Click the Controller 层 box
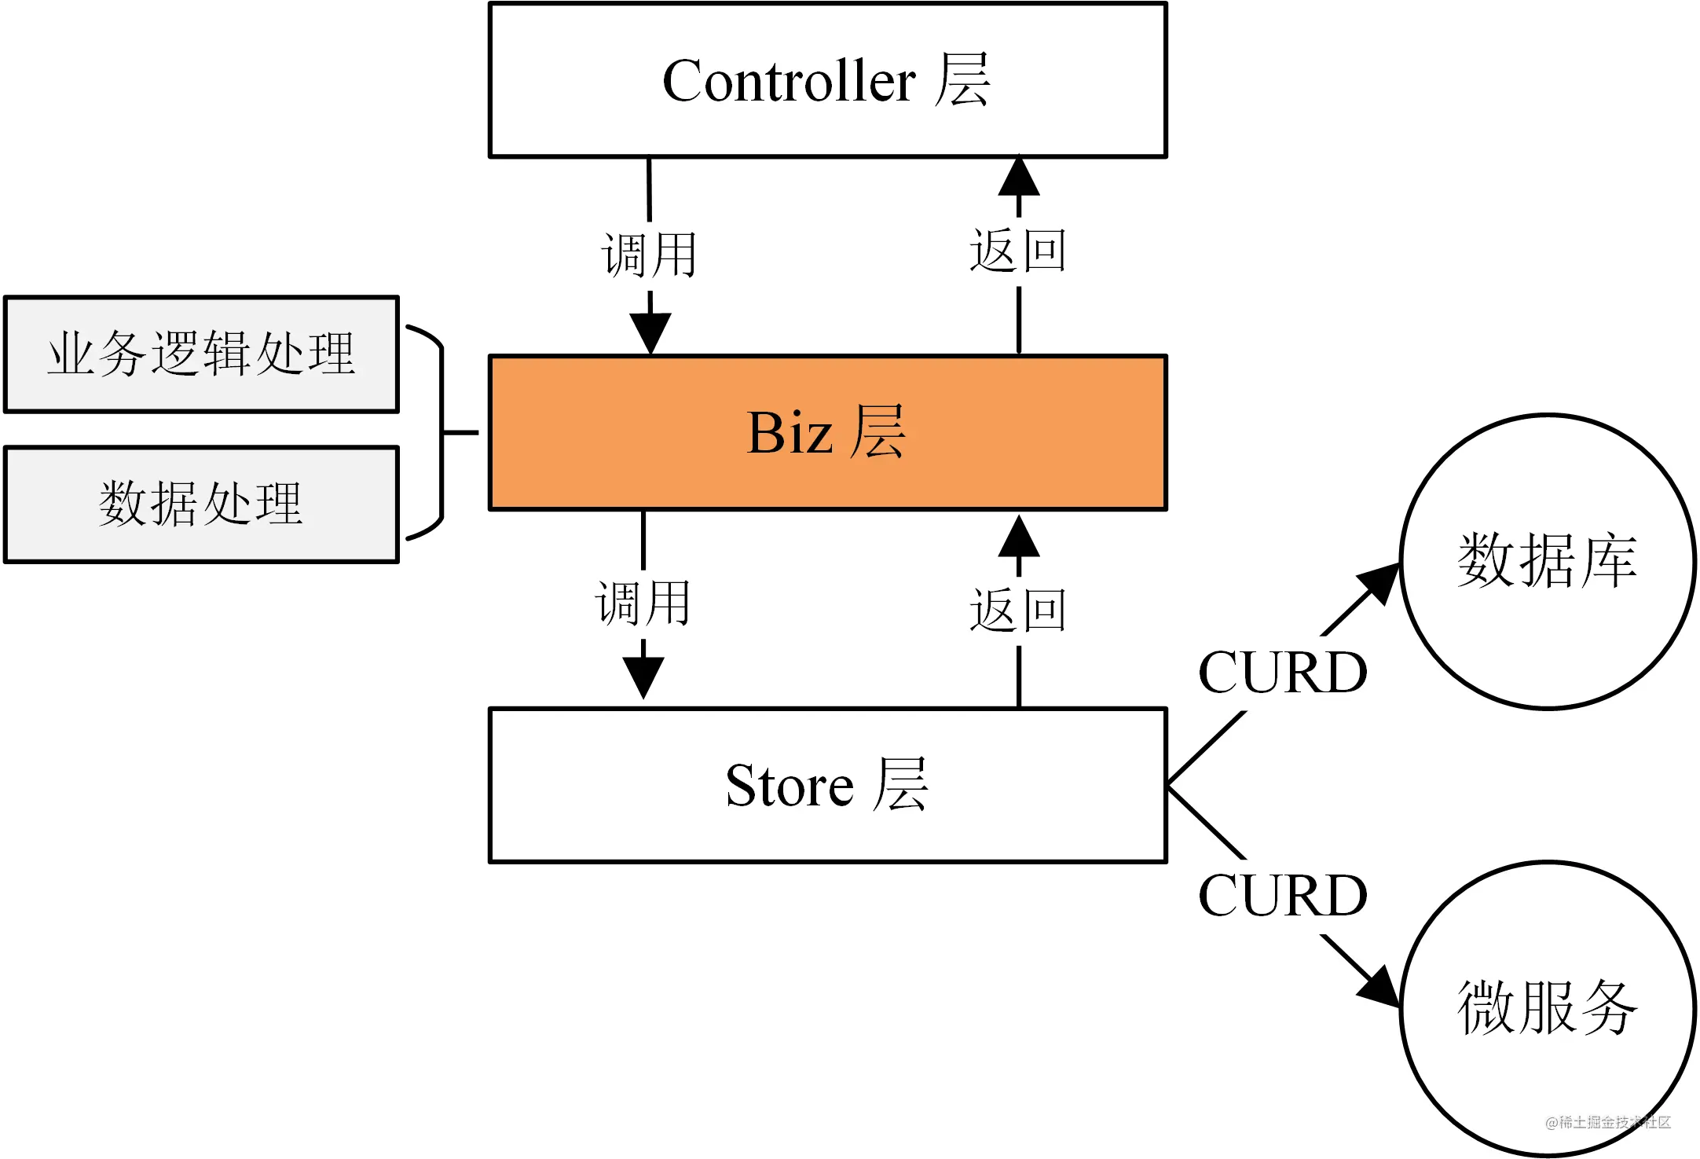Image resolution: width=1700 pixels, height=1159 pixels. tap(827, 80)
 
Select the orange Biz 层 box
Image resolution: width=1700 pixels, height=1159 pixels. tap(827, 432)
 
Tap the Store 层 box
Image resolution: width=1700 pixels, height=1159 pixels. tap(827, 785)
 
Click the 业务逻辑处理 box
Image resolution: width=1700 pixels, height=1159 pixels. tap(201, 354)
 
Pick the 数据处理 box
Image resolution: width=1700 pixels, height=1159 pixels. tap(201, 504)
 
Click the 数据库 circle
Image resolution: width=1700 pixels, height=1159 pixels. tap(1547, 562)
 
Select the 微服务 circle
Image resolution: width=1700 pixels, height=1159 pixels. tap(1547, 1008)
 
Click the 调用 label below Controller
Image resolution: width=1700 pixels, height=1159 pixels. tap(650, 255)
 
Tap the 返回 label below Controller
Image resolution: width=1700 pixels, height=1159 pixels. tap(1018, 251)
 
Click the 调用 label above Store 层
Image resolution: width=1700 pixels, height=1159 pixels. tap(643, 603)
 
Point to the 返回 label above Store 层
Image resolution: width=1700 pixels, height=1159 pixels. tap(1018, 611)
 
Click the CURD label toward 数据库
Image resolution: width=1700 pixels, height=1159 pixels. tap(1283, 673)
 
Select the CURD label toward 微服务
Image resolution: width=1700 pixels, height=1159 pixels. tap(1283, 896)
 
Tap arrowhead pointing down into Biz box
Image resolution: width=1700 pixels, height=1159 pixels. tap(650, 332)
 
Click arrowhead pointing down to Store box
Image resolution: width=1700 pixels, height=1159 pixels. tap(643, 677)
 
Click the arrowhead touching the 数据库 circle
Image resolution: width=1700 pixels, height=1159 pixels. tap(1381, 582)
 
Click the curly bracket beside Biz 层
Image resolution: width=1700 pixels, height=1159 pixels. tap(441, 432)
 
